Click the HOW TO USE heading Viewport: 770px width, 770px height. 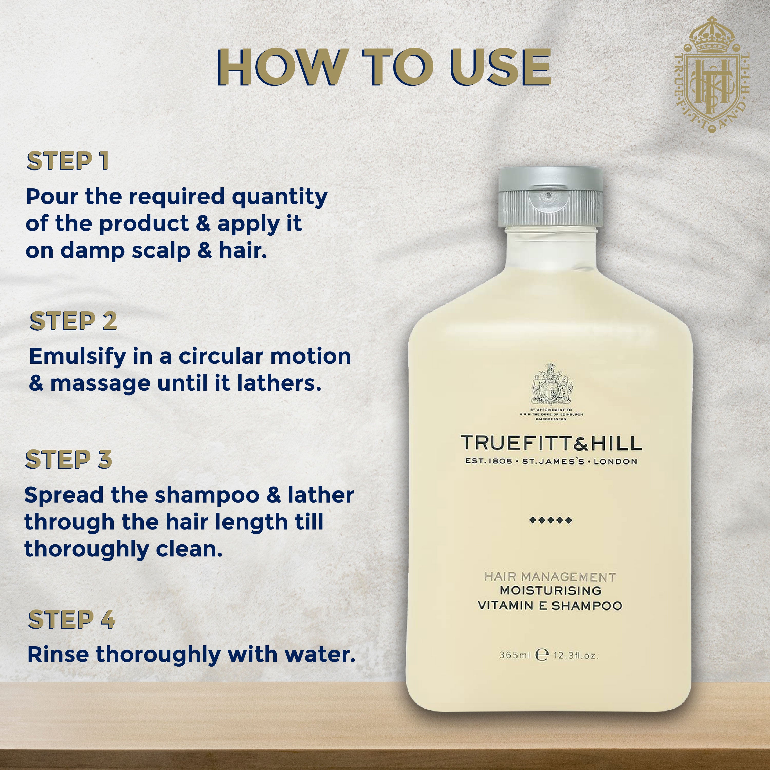coord(384,68)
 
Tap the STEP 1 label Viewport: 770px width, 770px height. coord(68,161)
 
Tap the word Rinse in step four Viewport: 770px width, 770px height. coord(58,654)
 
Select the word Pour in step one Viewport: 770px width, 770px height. coord(52,197)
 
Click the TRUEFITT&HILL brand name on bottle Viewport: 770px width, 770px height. coord(551,443)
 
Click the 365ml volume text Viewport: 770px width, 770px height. coord(514,655)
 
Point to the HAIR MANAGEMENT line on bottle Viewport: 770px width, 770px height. coord(550,577)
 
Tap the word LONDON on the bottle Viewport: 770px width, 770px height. coord(615,461)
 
